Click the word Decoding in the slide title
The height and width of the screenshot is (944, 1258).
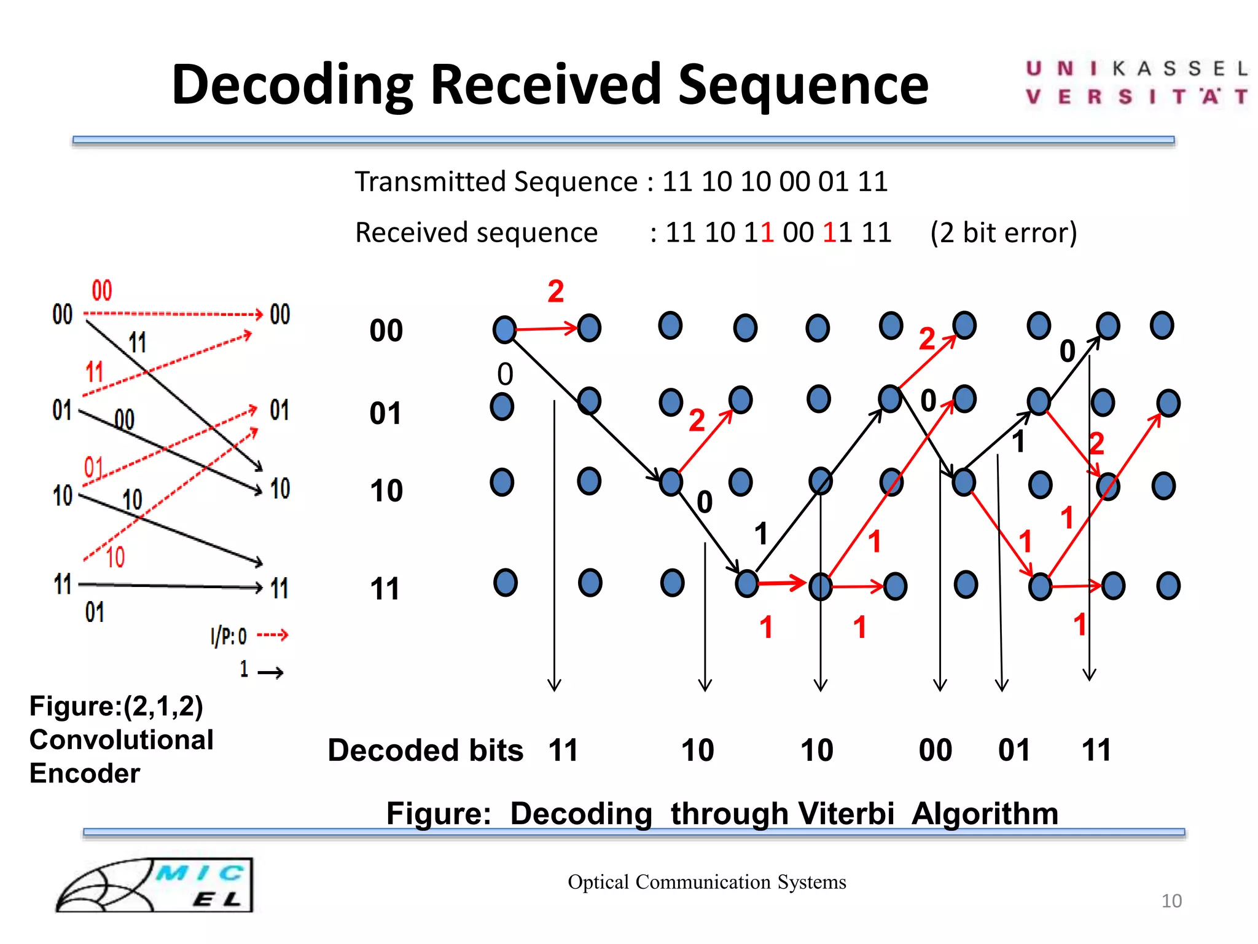292,86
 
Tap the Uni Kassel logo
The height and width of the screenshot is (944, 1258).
1136,83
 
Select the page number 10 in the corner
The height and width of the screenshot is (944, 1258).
1171,901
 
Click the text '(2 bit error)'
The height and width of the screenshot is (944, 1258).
1004,233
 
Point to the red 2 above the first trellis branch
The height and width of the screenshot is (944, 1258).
555,291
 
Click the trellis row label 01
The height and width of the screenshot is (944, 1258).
386,414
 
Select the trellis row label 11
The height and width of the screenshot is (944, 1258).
385,589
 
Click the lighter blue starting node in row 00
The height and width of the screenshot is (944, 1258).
504,329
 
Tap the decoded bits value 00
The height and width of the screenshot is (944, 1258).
935,750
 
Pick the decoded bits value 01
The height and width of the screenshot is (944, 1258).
1014,750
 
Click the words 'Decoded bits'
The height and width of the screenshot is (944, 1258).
425,750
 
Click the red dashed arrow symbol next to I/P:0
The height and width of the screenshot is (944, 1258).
272,635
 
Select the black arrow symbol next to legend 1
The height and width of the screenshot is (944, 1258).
270,673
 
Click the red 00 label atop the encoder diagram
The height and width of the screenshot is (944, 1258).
102,291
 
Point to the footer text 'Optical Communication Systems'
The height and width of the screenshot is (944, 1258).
706,882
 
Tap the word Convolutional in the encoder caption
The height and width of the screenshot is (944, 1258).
121,740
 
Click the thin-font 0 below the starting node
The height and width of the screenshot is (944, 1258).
505,374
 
